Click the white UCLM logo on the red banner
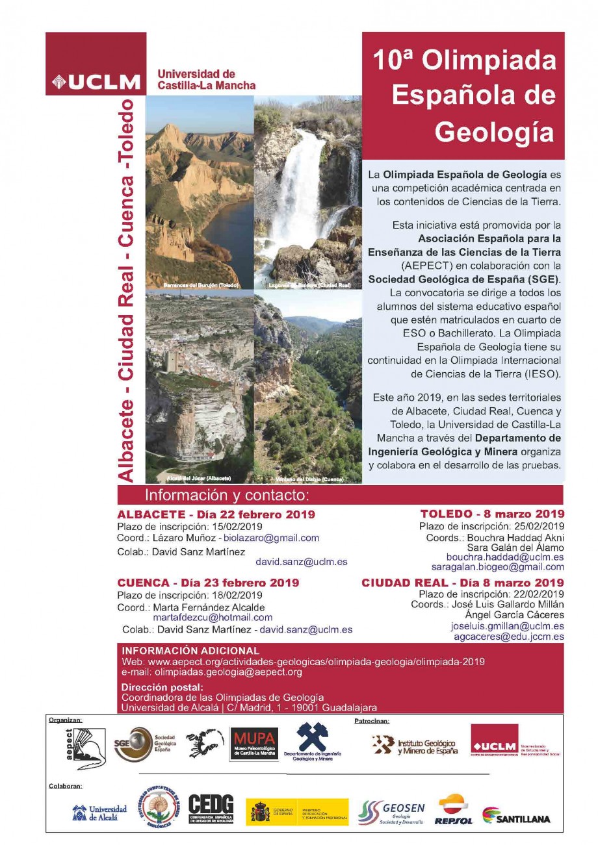[96, 82]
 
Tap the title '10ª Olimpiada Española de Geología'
[464, 95]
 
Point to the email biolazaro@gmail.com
[270, 538]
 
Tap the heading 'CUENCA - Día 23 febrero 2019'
[208, 583]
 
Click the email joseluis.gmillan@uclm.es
[507, 626]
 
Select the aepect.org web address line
[303, 661]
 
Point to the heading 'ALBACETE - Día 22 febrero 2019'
[216, 514]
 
